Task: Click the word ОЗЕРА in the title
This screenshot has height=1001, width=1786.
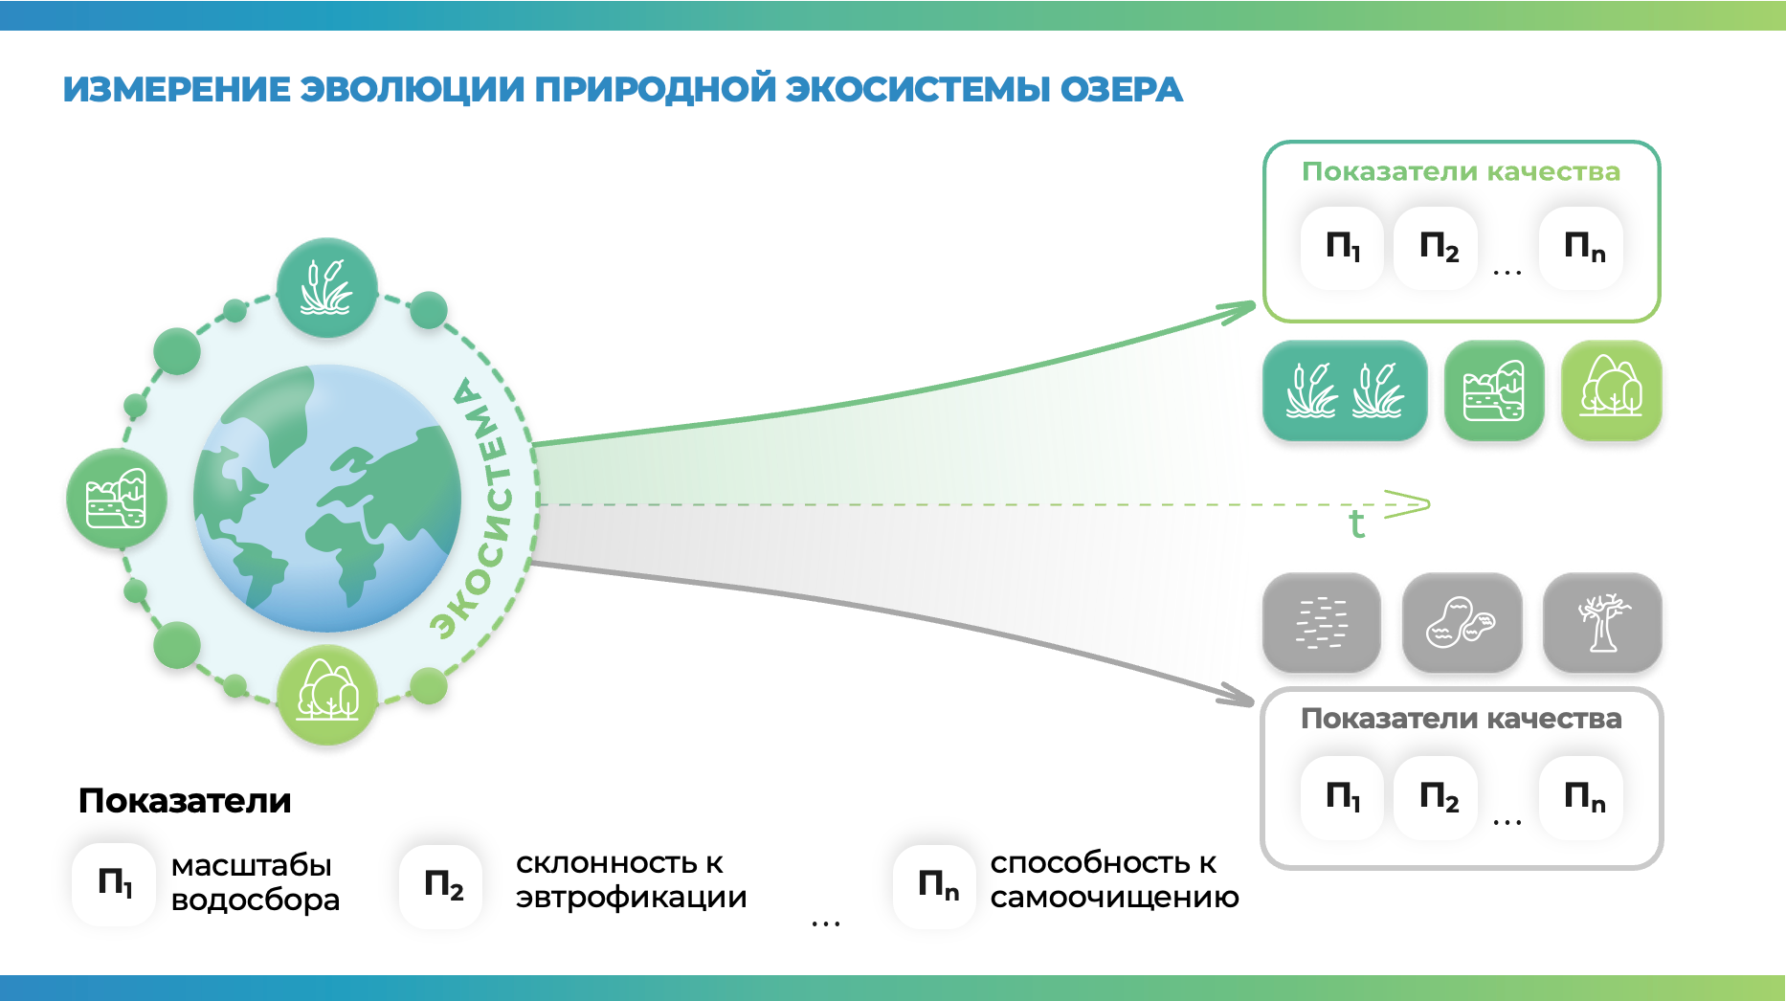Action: pyautogui.click(x=1121, y=89)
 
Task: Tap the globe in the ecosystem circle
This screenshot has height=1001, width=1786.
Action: pyautogui.click(x=327, y=499)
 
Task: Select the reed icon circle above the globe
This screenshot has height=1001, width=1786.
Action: pyautogui.click(x=327, y=288)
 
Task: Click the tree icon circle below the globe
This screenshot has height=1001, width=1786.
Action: pyautogui.click(x=327, y=695)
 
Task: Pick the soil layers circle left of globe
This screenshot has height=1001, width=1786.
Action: pyautogui.click(x=117, y=499)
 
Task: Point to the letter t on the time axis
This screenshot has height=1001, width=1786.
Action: pyautogui.click(x=1356, y=524)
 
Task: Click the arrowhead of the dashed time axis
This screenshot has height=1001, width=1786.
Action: pyautogui.click(x=1411, y=503)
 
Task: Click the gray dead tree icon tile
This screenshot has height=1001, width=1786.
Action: pyautogui.click(x=1602, y=623)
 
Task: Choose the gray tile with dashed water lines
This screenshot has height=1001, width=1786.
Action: pyautogui.click(x=1321, y=623)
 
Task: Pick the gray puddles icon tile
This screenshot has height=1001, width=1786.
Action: pyautogui.click(x=1462, y=623)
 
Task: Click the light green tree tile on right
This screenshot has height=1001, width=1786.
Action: pyautogui.click(x=1612, y=390)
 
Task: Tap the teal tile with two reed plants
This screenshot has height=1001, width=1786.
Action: pyautogui.click(x=1345, y=390)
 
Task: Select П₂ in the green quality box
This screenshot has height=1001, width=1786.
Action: pyautogui.click(x=1438, y=248)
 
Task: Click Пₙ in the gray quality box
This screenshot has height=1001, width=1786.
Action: pyautogui.click(x=1583, y=796)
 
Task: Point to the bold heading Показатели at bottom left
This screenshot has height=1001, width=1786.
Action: pyautogui.click(x=185, y=801)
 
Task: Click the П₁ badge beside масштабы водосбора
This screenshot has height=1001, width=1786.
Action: pyautogui.click(x=114, y=883)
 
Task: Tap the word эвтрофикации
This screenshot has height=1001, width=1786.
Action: pyautogui.click(x=631, y=898)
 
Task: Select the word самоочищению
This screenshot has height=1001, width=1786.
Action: pyautogui.click(x=1114, y=898)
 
